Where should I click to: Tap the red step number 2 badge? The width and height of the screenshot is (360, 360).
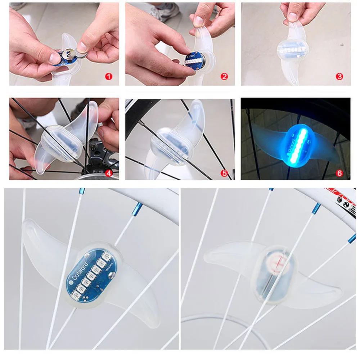point(225,76)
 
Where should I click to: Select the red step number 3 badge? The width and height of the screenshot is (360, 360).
point(339,76)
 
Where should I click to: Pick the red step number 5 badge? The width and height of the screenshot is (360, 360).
point(225,173)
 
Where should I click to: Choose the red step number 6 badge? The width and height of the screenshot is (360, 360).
point(339,173)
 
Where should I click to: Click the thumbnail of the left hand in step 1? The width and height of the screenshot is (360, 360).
point(54,58)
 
